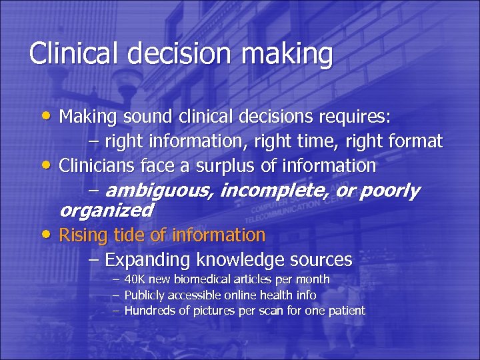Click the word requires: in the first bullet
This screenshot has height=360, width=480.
point(365,117)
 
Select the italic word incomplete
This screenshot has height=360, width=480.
point(274,191)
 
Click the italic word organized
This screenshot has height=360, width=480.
point(107,211)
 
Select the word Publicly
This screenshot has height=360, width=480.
point(145,295)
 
